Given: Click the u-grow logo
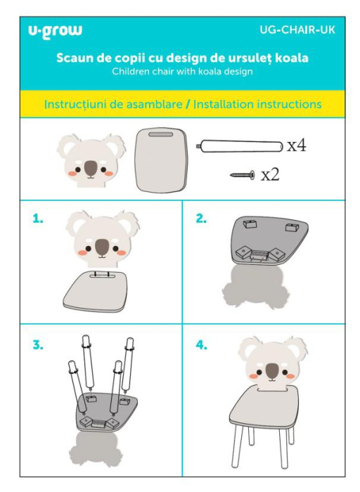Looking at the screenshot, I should [x=55, y=30].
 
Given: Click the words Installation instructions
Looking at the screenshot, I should [x=257, y=104].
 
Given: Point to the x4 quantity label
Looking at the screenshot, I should [x=295, y=146].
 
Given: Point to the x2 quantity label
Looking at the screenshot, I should [x=270, y=174].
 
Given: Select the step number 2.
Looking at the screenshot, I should [x=201, y=219].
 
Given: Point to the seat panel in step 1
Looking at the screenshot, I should [x=98, y=289].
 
